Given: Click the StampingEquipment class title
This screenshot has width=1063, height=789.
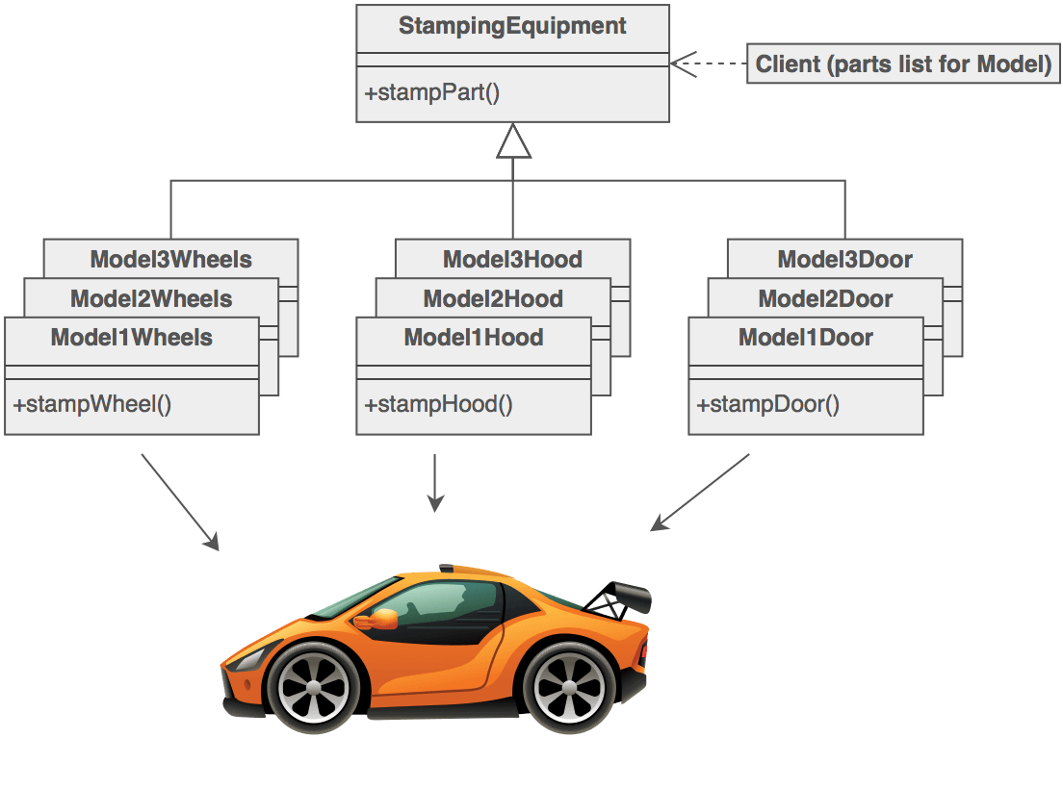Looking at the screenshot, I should (512, 27).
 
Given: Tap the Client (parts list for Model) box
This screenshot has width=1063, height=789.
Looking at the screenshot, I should (903, 64).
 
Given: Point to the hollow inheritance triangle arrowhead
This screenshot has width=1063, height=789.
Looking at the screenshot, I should (513, 141).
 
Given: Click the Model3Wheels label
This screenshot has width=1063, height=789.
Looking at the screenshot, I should (170, 259).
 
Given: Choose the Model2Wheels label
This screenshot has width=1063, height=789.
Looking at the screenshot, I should (151, 298).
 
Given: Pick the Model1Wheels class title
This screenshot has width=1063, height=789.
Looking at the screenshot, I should (132, 338).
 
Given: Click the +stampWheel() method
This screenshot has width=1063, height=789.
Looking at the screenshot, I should (91, 403).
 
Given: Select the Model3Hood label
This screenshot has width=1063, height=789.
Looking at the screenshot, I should (512, 259).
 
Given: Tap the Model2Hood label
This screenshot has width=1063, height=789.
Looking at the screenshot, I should (493, 298).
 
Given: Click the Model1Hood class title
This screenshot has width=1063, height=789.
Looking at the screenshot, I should (474, 338).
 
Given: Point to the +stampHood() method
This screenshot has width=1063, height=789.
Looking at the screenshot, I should (438, 403).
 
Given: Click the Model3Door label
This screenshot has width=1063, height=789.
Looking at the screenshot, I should (844, 259).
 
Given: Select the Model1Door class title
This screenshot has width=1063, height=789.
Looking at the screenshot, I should (806, 338).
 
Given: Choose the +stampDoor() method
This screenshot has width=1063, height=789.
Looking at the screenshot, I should (767, 403).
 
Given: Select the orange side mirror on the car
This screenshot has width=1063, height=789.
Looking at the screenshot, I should (379, 620).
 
